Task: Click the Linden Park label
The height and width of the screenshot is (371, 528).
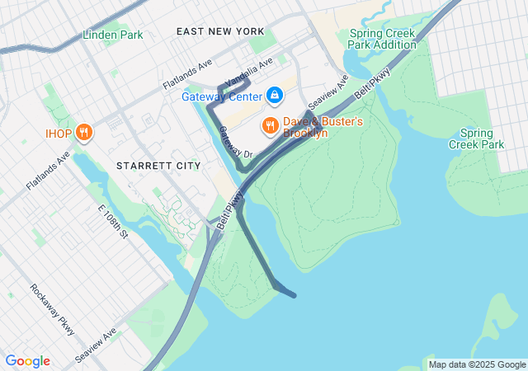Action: [x=113, y=35]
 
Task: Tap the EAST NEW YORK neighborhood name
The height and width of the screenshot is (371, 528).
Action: [x=220, y=31]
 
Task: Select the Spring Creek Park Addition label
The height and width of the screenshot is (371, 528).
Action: [x=384, y=39]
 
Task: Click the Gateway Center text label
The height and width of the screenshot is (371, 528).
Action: [x=222, y=96]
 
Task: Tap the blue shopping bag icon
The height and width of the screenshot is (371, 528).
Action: [x=275, y=96]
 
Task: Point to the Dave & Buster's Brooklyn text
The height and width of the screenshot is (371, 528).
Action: [x=323, y=127]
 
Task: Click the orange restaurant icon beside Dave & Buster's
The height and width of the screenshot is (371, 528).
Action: [x=269, y=126]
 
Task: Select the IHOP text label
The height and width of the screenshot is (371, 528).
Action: [x=59, y=133]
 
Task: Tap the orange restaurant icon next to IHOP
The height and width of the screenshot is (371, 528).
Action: [x=83, y=133]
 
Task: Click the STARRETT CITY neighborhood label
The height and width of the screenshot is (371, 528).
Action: [x=158, y=166]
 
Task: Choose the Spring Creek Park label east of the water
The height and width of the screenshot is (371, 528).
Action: [x=476, y=139]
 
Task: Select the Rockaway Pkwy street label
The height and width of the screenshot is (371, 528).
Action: [x=52, y=309]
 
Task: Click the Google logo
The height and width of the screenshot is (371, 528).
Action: [x=27, y=361]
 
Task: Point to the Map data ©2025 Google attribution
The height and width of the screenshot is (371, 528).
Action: [x=477, y=364]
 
